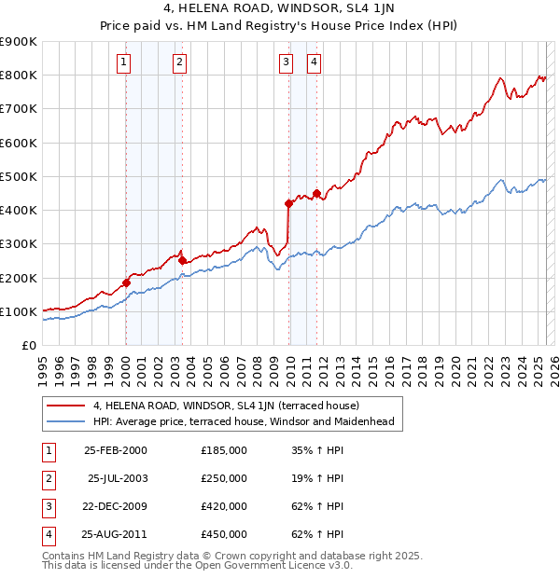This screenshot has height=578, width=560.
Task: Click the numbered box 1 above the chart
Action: (x=124, y=63)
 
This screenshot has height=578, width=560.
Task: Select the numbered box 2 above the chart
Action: (x=178, y=63)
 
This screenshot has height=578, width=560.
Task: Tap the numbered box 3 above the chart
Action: (x=286, y=63)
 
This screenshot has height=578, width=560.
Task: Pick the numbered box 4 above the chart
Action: (x=315, y=63)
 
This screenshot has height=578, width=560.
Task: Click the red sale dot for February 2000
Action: (x=126, y=282)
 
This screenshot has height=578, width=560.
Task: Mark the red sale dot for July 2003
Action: (x=182, y=261)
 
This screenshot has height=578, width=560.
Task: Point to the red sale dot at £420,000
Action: (x=288, y=203)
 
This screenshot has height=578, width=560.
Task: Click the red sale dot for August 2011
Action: (x=317, y=194)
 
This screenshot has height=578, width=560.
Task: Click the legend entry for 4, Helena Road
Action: (x=232, y=406)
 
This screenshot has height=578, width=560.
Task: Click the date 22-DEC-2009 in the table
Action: (x=116, y=506)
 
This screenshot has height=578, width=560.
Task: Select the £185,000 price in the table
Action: (x=224, y=450)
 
